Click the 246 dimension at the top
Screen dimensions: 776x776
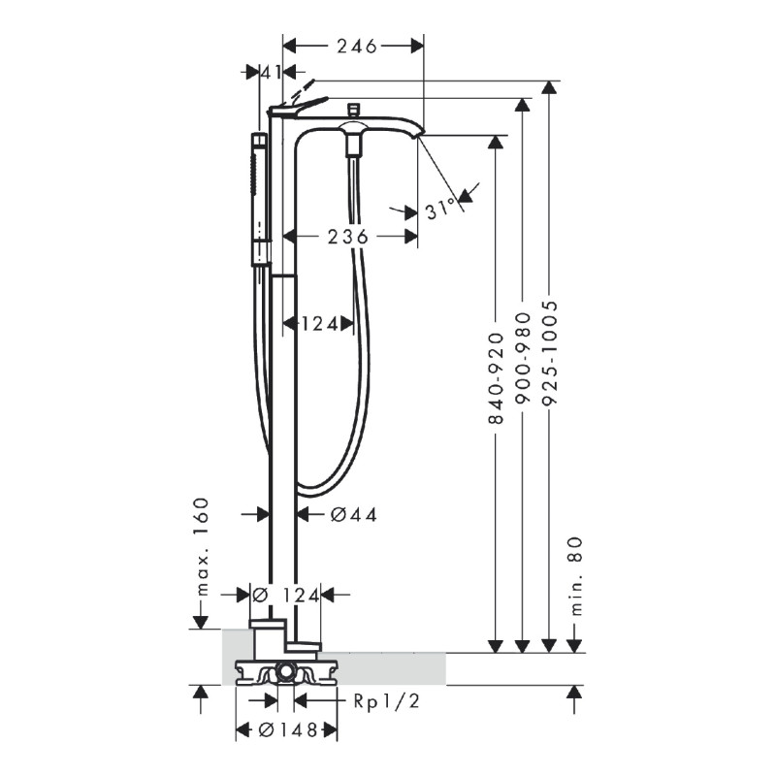357,47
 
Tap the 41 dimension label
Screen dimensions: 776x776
272,73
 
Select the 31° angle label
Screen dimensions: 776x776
440,208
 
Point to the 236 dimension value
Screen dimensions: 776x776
348,237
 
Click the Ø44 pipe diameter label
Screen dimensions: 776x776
353,515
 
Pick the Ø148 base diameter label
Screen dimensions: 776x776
288,730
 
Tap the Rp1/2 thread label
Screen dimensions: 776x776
386,701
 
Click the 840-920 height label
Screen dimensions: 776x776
496,378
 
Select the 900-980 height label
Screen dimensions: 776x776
523,359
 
